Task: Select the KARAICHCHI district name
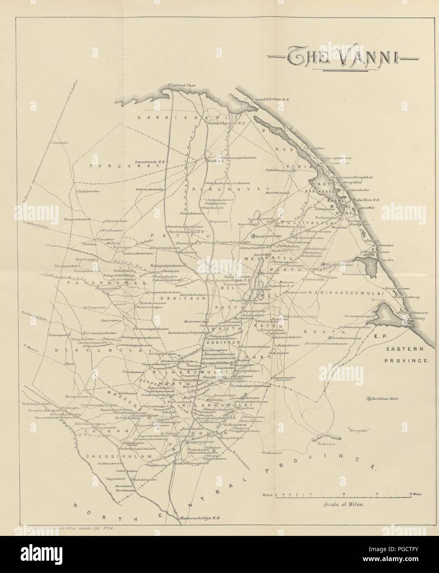pyautogui.click(x=157, y=117)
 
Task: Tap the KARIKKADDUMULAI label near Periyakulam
pyautogui.click(x=346, y=292)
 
